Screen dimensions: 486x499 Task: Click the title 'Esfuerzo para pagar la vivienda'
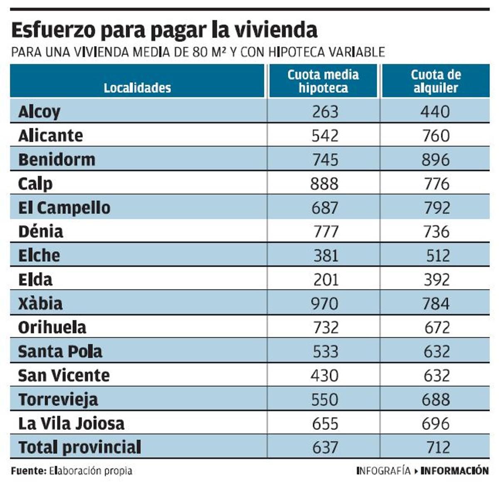[x=164, y=30]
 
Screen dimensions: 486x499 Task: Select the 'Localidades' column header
[x=137, y=88]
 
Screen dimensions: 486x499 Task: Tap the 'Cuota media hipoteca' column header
[x=323, y=81]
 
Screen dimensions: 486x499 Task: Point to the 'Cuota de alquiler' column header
[x=436, y=81]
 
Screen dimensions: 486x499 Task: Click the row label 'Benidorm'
[x=57, y=160]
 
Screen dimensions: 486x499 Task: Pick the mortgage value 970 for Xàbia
[x=324, y=304]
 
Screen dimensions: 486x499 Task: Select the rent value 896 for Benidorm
[x=436, y=160]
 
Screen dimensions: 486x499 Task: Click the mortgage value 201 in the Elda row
[x=326, y=280]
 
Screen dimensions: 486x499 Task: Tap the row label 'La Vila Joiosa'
[x=72, y=424]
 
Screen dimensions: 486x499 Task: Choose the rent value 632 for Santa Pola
[x=437, y=352]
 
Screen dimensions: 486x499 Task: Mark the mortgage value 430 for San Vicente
[x=324, y=376]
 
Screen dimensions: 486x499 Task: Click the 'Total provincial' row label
[x=80, y=447]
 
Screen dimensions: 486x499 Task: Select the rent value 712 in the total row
[x=438, y=447]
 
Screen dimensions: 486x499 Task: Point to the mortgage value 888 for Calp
[x=324, y=184]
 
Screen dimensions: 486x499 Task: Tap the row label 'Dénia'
[x=41, y=231]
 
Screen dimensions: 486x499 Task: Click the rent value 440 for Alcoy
[x=435, y=112]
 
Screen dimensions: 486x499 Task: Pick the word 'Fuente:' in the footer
[x=28, y=471]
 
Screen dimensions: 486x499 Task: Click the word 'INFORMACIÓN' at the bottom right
[x=455, y=471]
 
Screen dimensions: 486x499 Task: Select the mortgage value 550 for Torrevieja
[x=325, y=400]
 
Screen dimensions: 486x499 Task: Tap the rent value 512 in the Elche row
[x=438, y=255]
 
